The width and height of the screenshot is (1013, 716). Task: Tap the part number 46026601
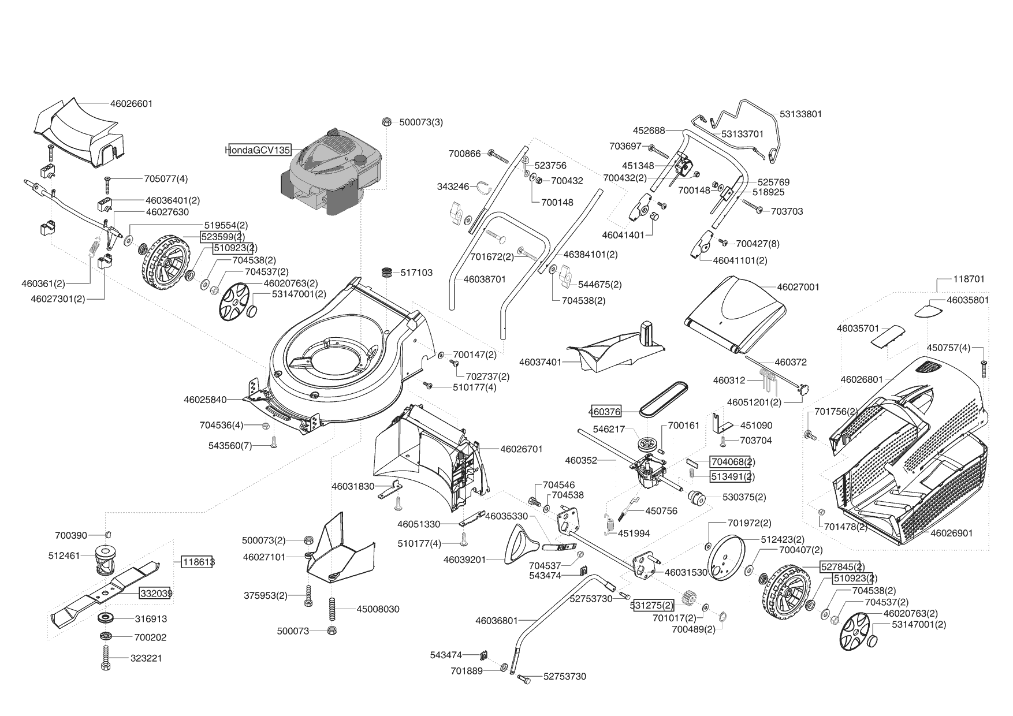(131, 104)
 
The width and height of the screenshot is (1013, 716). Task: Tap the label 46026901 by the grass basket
(951, 533)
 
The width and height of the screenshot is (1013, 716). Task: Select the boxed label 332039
(155, 593)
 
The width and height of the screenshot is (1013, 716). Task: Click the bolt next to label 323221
(106, 658)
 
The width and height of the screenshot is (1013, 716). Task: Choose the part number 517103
(416, 273)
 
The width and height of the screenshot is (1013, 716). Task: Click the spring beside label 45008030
(332, 609)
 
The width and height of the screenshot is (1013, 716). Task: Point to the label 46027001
(798, 287)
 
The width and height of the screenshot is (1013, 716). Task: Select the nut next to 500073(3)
(387, 122)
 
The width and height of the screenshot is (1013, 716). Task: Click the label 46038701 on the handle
(484, 279)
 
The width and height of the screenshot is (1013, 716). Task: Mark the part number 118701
(969, 279)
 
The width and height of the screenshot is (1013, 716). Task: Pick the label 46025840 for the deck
(205, 400)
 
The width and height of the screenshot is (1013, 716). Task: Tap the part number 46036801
(497, 621)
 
